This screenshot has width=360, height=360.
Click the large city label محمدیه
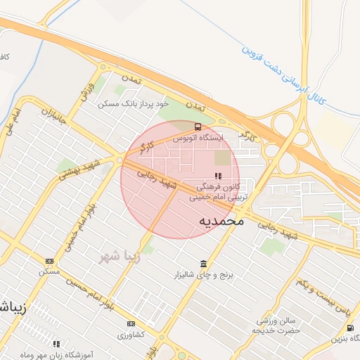pos(221,220)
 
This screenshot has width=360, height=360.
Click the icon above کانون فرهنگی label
pos(218,176)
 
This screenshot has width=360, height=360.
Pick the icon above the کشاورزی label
pos(131,324)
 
